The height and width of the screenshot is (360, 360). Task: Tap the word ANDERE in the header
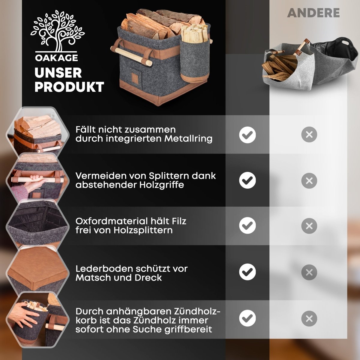(x=313, y=13)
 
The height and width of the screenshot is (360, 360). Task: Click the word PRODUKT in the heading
(x=69, y=87)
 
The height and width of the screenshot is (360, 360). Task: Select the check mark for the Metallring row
(x=247, y=135)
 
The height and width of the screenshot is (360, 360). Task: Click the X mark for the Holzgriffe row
(x=309, y=181)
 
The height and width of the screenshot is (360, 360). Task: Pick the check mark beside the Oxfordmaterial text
(x=247, y=226)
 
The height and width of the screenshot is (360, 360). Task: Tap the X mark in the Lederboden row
(x=309, y=272)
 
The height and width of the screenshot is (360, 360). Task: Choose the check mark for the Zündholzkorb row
(x=247, y=318)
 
